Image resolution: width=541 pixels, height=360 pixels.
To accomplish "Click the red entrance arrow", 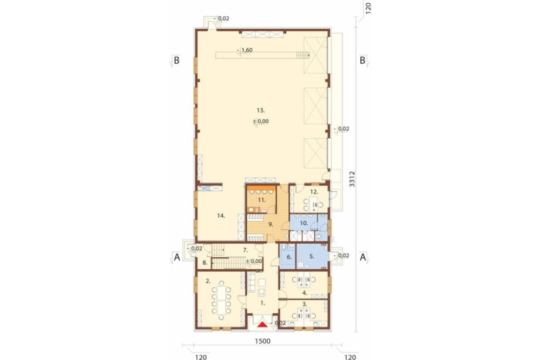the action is coord(263,325).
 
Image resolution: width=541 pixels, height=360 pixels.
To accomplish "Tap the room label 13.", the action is coord(261,110).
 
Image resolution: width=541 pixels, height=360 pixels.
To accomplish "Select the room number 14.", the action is coord(221,216).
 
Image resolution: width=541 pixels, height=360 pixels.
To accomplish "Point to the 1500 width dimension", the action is coord(262,341).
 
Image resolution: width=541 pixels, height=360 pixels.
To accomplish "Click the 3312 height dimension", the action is coord(352,179).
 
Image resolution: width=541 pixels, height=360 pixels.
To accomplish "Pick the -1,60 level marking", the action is coord(245,50).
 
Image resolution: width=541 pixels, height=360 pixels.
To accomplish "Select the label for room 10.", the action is coord(304,223).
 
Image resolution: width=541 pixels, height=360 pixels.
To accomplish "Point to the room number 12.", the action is coord(314,192).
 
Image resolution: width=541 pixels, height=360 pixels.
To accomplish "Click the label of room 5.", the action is coord(312,256).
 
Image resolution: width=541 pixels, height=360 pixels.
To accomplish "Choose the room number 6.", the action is coord(289,257).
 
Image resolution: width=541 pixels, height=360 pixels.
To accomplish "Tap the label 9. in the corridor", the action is coord(271,224).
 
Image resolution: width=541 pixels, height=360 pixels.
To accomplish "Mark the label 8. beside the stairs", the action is coord(205,262).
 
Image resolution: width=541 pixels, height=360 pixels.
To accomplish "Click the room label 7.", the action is coord(245,250).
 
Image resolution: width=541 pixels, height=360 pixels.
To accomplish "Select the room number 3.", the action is coord(304,304).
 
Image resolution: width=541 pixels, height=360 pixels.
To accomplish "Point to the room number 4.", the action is coord(304,293).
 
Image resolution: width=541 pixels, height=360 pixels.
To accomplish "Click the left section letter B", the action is coord(176,61).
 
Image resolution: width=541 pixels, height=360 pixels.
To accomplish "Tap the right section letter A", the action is coord(363,257).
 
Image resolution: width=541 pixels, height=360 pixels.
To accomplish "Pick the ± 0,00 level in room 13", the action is coord(261,122).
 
